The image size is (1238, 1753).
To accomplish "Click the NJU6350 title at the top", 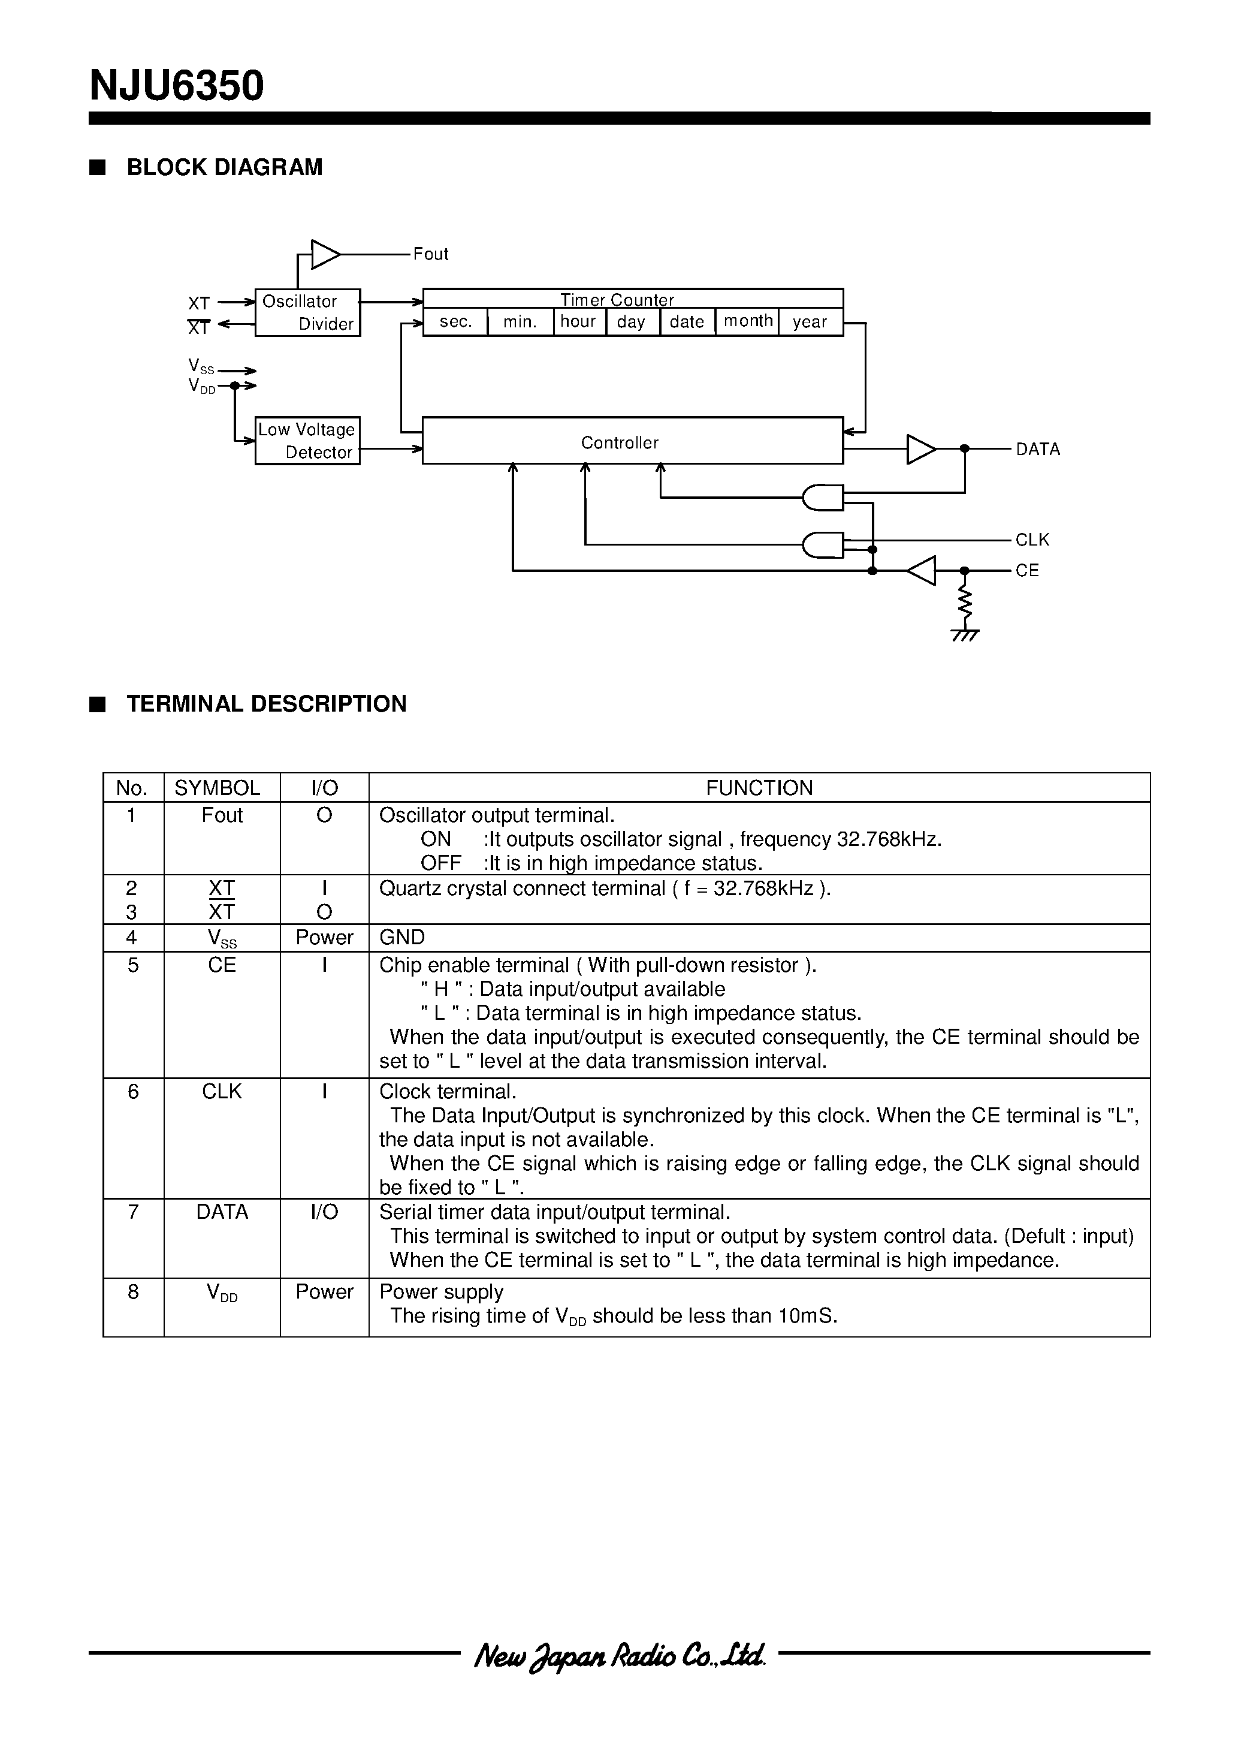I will click(176, 86).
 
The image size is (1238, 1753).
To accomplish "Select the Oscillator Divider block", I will click(307, 312).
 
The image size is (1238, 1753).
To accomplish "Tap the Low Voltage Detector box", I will click(307, 441).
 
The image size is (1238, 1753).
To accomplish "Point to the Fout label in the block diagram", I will click(430, 254).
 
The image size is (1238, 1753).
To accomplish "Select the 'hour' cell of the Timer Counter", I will click(578, 321).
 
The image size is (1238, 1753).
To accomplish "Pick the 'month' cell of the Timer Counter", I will click(747, 321).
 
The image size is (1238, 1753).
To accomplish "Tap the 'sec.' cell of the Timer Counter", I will click(455, 321).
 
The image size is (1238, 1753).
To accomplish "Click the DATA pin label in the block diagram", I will click(1037, 449).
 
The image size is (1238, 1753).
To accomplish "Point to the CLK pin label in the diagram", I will click(1032, 540).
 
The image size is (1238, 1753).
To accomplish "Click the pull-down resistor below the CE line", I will click(965, 603).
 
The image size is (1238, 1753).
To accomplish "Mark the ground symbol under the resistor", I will click(965, 634).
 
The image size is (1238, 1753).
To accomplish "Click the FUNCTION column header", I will click(759, 787).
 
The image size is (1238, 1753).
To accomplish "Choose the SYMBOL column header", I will click(218, 787).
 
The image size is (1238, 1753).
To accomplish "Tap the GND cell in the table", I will click(402, 937).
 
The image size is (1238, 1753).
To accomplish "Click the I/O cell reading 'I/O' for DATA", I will click(324, 1212).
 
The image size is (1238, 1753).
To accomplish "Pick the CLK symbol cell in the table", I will click(221, 1091).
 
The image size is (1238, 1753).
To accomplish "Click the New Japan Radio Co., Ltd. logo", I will click(619, 1655).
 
